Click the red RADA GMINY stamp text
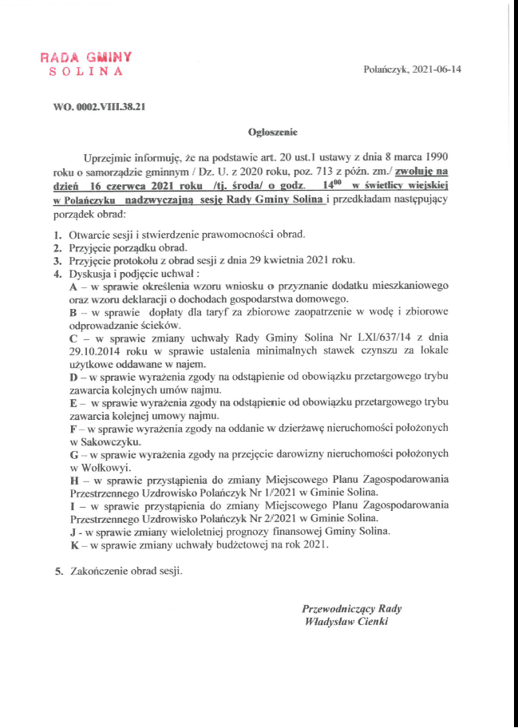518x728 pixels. pos(85,57)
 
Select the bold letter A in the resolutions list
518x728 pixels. pos(73,285)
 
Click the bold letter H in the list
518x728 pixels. pos(74,480)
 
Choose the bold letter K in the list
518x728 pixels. pos(73,544)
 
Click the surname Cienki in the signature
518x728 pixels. pos(371,622)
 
